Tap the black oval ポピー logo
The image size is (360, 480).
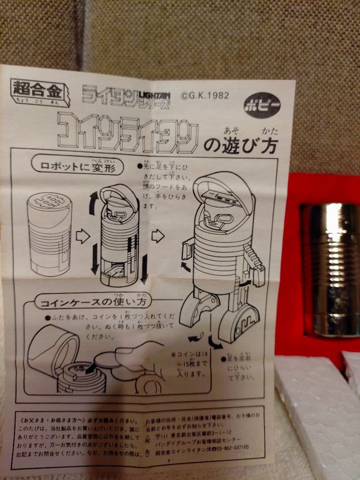click(262, 104)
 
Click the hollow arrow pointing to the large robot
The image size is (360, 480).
click(157, 236)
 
